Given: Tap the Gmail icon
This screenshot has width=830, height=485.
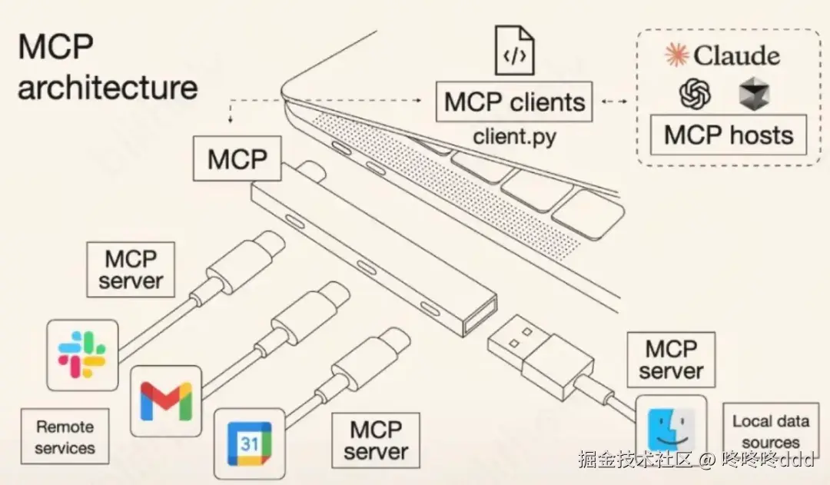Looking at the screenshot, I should point(165,400).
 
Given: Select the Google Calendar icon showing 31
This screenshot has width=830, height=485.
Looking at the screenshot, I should point(249,443).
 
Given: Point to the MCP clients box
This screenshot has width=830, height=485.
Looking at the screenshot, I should point(514,102).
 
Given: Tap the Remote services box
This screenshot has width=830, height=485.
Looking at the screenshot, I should point(65,437).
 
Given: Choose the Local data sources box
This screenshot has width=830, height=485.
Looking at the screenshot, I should point(770,431).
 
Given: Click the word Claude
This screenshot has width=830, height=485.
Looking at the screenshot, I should point(735,55).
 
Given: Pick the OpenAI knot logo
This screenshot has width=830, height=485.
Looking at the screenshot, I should point(695,95).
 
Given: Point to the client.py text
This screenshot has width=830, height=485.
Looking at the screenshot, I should point(514,138).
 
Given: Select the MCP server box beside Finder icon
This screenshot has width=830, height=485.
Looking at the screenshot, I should point(671,360).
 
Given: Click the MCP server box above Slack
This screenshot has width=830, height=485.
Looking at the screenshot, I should point(131,269).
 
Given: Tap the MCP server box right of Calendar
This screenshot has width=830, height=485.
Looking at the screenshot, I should point(376,440).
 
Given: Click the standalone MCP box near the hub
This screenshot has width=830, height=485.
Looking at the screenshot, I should point(237,159).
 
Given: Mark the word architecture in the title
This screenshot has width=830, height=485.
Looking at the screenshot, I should point(108,87).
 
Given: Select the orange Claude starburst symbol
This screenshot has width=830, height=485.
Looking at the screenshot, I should point(676,55).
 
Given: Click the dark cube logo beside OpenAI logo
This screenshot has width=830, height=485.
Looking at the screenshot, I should point(752,94).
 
